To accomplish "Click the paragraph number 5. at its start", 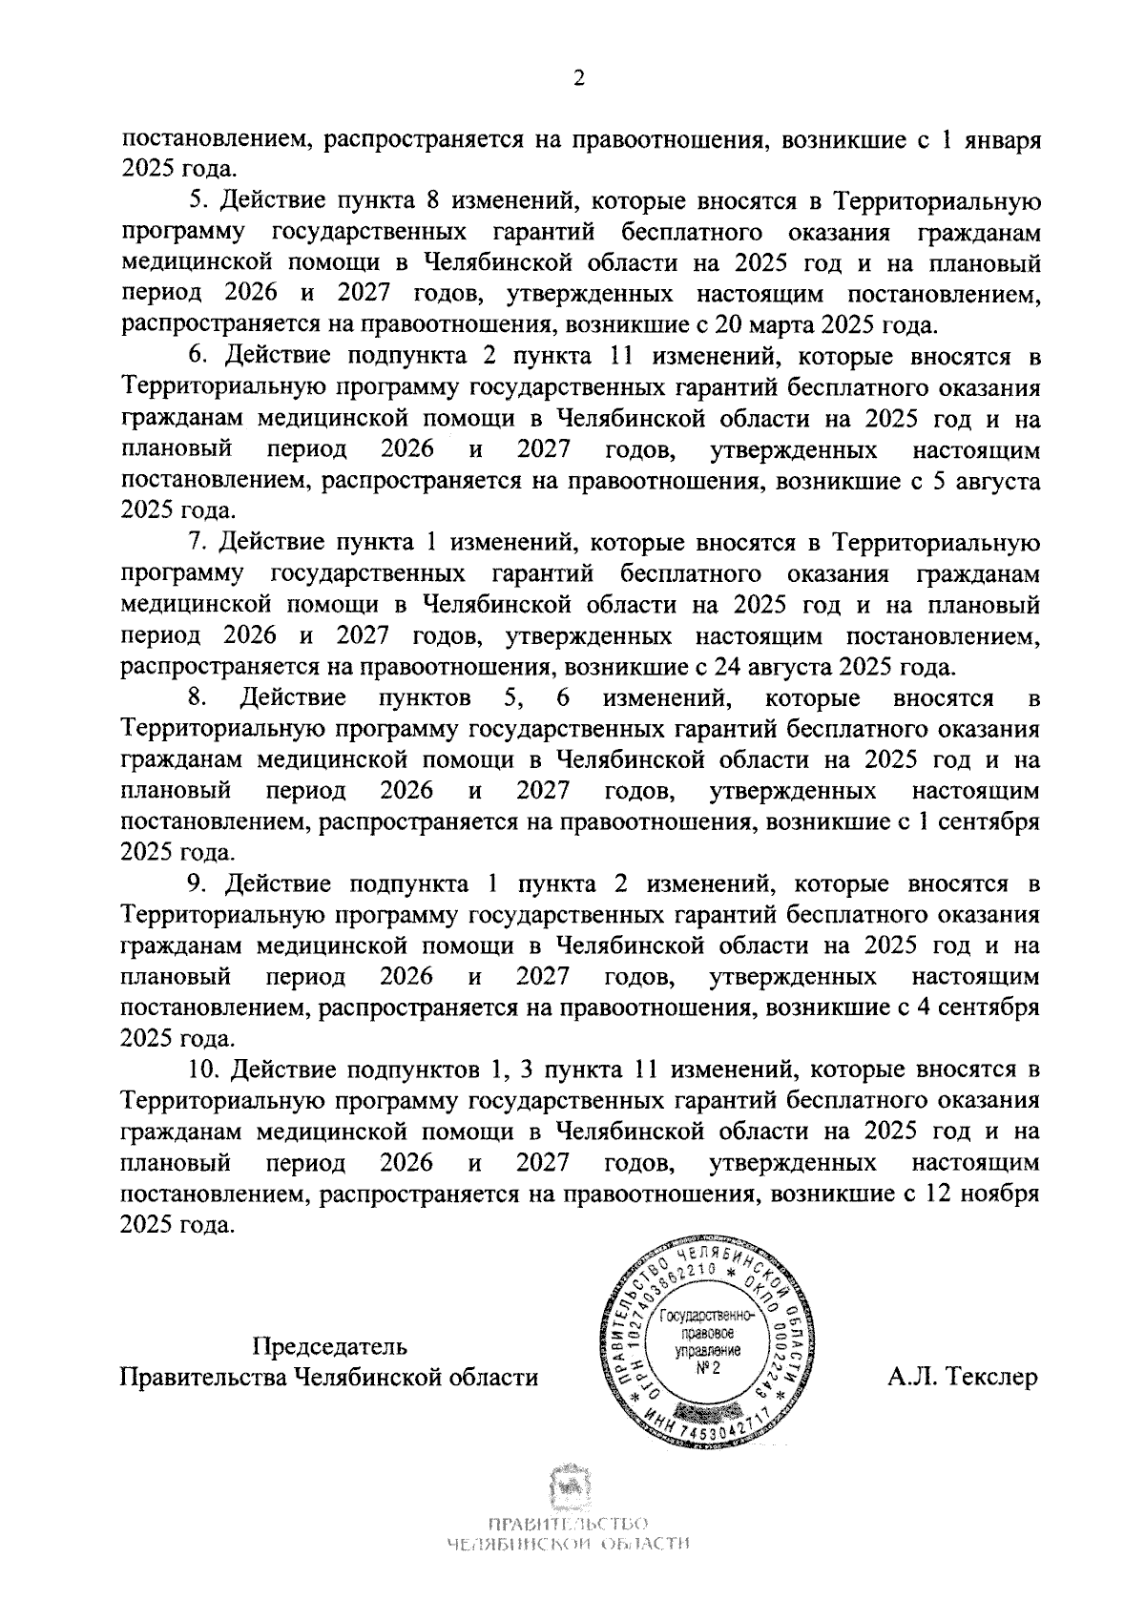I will click(x=199, y=201).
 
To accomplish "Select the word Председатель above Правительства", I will click(x=329, y=1347).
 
